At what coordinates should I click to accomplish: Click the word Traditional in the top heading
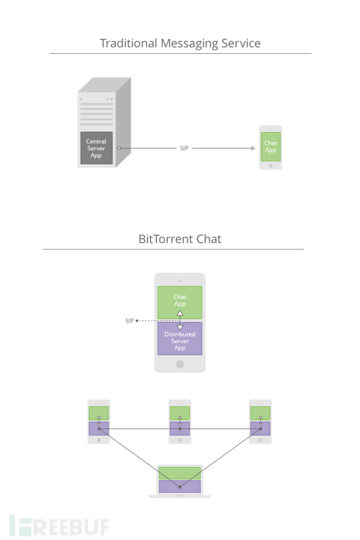[128, 43]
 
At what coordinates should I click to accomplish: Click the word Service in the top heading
[241, 43]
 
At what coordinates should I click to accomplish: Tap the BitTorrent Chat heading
[180, 239]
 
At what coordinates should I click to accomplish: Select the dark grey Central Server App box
[97, 148]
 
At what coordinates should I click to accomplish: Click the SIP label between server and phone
[184, 148]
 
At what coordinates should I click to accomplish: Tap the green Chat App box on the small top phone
[271, 147]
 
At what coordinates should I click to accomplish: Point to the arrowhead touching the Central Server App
[119, 148]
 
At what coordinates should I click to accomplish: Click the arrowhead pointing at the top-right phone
[253, 148]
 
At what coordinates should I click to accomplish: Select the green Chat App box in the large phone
[180, 303]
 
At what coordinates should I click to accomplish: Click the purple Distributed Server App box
[180, 339]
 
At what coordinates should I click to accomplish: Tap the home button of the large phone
[180, 364]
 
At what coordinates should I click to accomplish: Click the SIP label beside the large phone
[129, 321]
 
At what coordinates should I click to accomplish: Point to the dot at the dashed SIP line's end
[137, 321]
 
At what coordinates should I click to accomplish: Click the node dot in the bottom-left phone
[99, 429]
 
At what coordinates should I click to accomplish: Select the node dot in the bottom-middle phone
[180, 429]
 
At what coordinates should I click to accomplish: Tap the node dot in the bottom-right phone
[260, 429]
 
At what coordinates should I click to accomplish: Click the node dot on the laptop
[180, 487]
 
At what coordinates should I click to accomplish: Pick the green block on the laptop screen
[180, 473]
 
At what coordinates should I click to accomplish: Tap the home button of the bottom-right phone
[260, 440]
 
